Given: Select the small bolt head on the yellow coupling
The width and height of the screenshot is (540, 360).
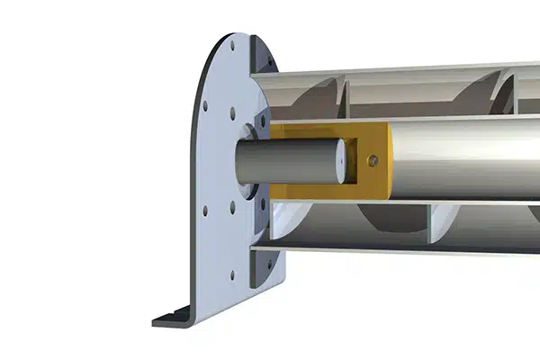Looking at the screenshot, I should coord(374,161).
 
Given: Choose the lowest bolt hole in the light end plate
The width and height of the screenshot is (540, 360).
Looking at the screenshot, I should coord(232,275).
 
